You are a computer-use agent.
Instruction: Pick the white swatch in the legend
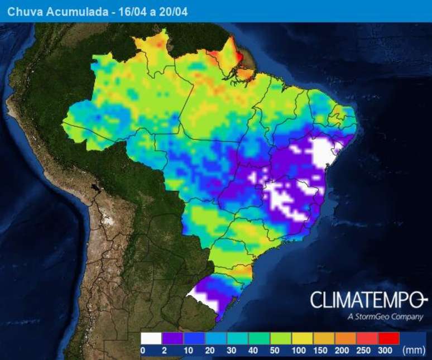click(x=151, y=338)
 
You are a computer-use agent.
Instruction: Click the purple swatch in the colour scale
click(x=172, y=338)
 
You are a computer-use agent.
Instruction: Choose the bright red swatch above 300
click(x=388, y=338)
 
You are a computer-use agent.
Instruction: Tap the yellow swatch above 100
click(x=303, y=338)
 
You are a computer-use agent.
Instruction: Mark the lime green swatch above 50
click(x=281, y=338)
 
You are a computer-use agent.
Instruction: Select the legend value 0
click(x=143, y=351)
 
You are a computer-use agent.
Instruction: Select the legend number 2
click(x=164, y=351)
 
